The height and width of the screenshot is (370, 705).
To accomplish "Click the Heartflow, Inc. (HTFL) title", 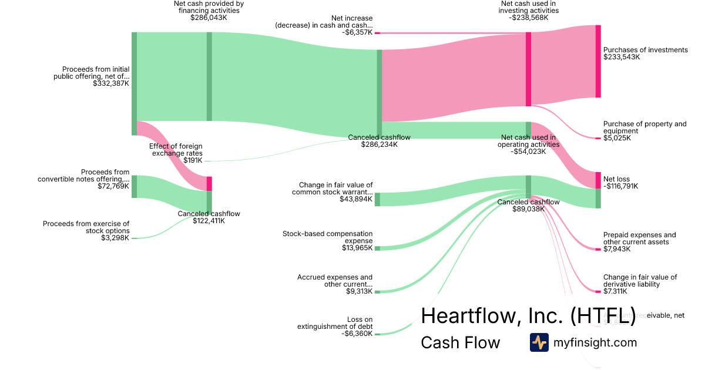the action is [x=528, y=315].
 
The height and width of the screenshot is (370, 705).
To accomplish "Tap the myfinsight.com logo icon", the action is [x=539, y=342].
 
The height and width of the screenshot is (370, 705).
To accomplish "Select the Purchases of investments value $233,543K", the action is [x=621, y=58].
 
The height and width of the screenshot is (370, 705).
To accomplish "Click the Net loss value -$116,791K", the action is [x=620, y=187].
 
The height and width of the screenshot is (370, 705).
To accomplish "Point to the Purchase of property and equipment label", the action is [x=644, y=127].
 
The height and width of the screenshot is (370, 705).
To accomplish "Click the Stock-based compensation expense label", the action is [x=327, y=237].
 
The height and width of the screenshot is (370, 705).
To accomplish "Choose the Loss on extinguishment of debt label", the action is [x=335, y=323].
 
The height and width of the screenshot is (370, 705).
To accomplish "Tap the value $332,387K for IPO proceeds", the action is [x=111, y=84].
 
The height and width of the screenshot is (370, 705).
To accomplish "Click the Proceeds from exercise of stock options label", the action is [x=86, y=227].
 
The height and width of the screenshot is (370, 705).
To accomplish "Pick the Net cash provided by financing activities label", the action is [x=209, y=7].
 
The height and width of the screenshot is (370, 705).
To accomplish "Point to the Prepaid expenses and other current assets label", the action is [x=639, y=238].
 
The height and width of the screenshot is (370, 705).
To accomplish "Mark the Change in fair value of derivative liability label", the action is [x=640, y=281].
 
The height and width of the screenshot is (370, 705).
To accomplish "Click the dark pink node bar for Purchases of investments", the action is [x=598, y=61].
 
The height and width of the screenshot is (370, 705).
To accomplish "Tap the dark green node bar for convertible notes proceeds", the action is [x=134, y=186].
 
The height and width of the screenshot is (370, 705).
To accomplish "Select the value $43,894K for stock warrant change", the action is [x=356, y=200].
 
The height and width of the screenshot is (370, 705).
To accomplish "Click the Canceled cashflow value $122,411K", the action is [x=209, y=221].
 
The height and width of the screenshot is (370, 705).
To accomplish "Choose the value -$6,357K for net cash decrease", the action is [x=357, y=33].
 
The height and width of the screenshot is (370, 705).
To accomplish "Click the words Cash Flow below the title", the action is [x=460, y=343].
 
